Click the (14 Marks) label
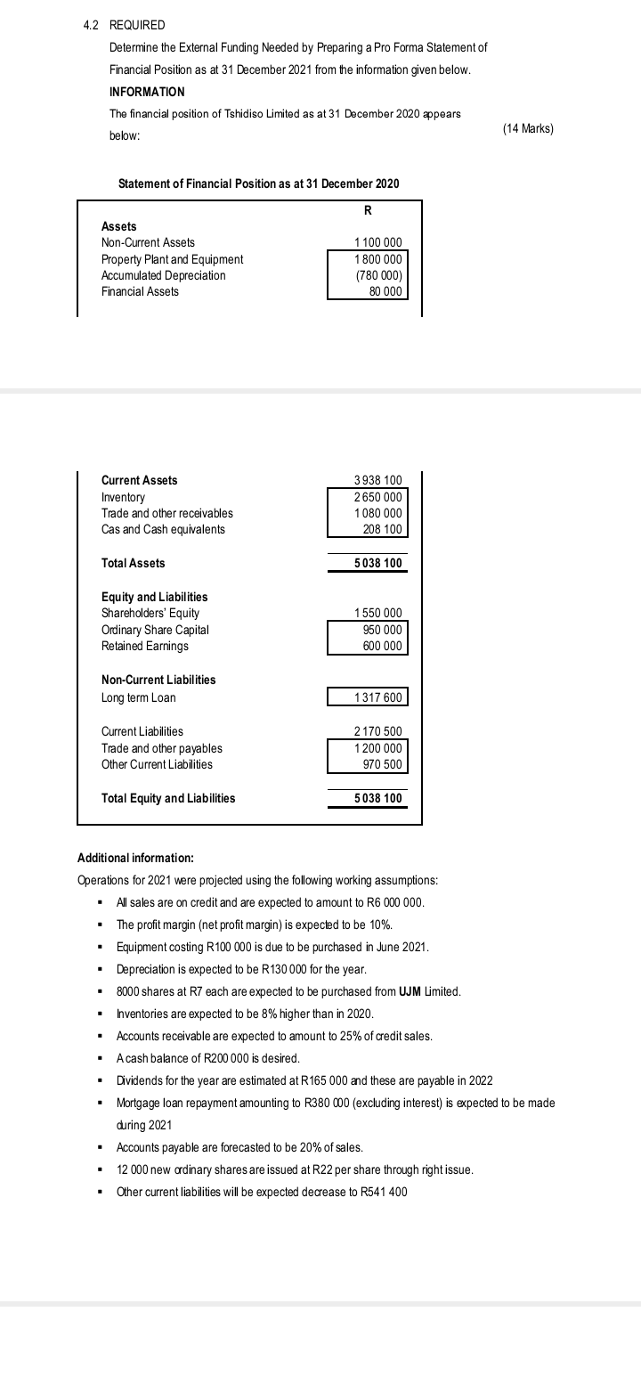528,129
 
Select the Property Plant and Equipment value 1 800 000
378,259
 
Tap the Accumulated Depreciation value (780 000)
378,275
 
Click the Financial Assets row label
140,291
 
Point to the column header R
368,211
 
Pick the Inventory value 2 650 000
378,497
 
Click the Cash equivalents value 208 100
383,529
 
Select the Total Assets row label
133,563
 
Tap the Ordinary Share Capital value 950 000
383,630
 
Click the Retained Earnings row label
144,646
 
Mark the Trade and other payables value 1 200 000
378,748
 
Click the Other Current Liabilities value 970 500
383,764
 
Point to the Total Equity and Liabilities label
168,798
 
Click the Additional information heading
135,859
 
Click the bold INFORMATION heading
147,92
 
